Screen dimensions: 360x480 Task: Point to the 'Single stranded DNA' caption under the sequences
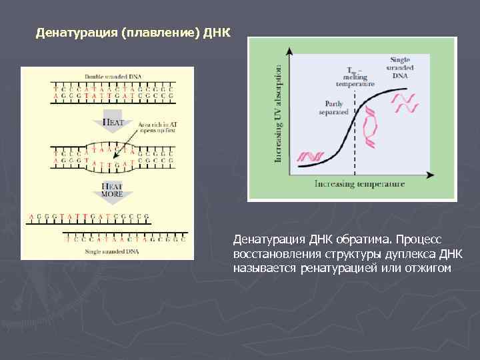(107, 251)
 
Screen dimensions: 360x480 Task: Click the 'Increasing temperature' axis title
(359, 183)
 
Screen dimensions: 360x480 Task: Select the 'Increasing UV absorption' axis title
(278, 113)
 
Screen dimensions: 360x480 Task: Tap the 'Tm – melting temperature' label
(355, 77)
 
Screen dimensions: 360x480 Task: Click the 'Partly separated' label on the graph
(333, 107)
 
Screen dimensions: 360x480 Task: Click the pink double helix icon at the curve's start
(311, 157)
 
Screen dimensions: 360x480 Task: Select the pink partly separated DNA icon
(371, 127)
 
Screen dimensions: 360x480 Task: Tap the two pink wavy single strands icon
(404, 103)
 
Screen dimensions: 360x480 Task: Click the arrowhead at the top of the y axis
(290, 51)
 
